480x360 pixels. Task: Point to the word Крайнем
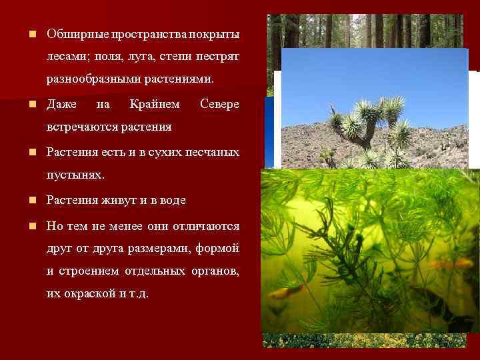pyautogui.click(x=155, y=104)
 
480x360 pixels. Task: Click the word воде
pyautogui.click(x=173, y=200)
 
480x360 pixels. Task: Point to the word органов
pyautogui.click(x=217, y=271)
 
